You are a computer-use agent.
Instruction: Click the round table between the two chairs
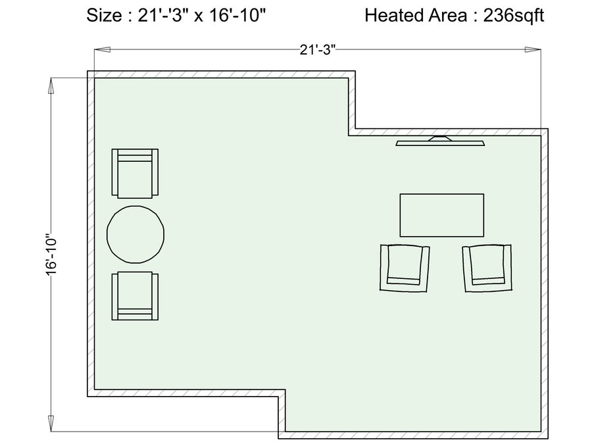[x=136, y=234]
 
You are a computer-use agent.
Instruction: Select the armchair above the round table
[x=135, y=173]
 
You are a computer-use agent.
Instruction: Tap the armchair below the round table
[x=135, y=296]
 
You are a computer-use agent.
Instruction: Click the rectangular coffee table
[x=442, y=215]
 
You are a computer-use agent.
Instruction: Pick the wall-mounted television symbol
[x=440, y=141]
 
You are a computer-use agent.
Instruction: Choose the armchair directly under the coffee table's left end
[x=405, y=268]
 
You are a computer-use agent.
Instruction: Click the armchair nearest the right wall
[x=487, y=268]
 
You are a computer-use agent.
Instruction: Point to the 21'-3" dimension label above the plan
[x=318, y=50]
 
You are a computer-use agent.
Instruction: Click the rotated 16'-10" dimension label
[x=51, y=257]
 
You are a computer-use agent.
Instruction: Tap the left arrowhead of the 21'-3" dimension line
[x=102, y=49]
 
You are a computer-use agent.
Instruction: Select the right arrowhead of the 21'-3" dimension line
[x=533, y=49]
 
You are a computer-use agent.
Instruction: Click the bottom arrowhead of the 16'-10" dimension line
[x=51, y=423]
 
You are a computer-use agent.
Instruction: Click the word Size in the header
[x=104, y=16]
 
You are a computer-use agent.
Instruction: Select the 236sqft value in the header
[x=514, y=16]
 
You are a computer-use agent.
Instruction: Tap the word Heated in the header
[x=394, y=16]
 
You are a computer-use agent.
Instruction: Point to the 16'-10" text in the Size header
[x=237, y=16]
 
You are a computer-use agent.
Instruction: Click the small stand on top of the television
[x=440, y=138]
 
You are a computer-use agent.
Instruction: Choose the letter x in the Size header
[x=199, y=17]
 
